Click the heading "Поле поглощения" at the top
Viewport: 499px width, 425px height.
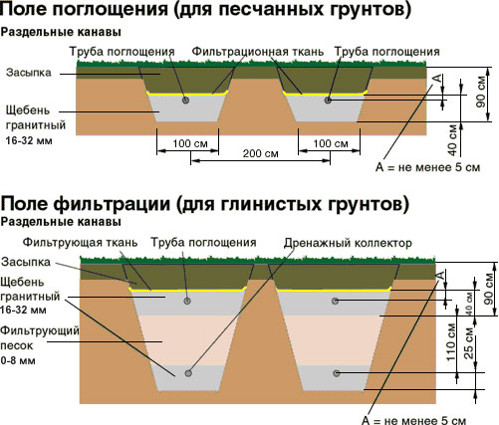85,9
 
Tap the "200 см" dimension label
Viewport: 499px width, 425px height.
260,153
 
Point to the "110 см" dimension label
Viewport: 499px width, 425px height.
450,341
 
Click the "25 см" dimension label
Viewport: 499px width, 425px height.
468,343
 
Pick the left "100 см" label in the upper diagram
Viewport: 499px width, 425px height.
190,143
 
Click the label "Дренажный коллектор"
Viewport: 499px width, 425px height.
348,243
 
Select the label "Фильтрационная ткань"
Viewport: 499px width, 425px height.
258,52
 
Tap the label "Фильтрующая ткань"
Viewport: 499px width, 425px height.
80,242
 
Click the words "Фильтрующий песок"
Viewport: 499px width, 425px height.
40,338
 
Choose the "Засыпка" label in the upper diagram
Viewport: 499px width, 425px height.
29,73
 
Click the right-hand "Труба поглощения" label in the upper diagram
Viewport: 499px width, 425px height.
386,52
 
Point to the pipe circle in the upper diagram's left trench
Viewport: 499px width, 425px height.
185,100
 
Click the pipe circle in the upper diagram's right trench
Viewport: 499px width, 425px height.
328,100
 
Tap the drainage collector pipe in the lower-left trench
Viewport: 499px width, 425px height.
188,373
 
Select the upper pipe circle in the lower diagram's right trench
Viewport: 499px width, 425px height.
335,301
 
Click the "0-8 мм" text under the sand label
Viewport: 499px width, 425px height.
18,360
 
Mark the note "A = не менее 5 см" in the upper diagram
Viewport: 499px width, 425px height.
427,167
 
